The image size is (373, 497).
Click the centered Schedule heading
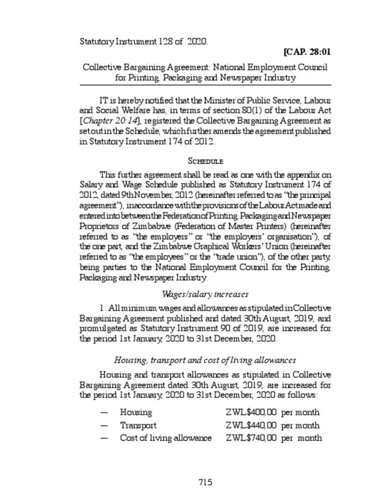click(x=205, y=161)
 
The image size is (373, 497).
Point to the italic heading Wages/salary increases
click(x=205, y=295)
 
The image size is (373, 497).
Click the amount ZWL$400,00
click(x=251, y=413)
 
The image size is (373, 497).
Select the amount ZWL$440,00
click(x=251, y=426)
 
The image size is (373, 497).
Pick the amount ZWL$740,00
click(x=251, y=438)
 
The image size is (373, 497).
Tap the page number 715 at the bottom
click(x=205, y=482)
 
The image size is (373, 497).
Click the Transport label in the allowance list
click(x=138, y=426)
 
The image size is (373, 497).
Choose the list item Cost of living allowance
click(x=166, y=438)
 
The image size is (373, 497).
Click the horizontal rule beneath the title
click(x=205, y=85)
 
